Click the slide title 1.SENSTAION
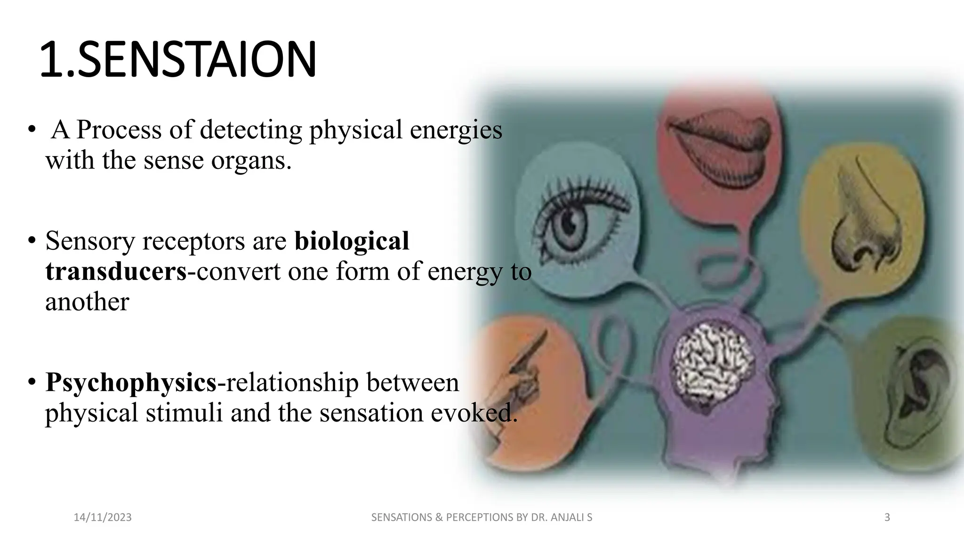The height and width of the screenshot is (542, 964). [x=178, y=60]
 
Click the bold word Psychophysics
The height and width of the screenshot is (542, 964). [x=131, y=382]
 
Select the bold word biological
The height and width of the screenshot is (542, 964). [x=352, y=241]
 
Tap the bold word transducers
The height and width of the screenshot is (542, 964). [x=116, y=271]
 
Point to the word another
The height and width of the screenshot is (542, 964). [x=87, y=302]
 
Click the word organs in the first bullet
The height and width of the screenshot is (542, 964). [x=251, y=160]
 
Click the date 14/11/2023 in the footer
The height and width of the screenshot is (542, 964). [x=103, y=518]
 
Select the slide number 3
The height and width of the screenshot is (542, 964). [x=887, y=518]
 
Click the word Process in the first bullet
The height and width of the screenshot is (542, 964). [x=119, y=130]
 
